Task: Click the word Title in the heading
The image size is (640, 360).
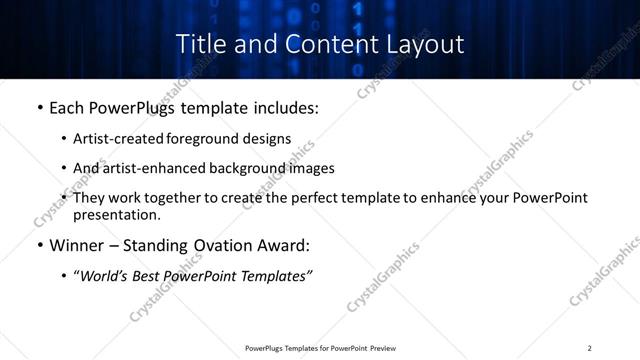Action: tap(200, 44)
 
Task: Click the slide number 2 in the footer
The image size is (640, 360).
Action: tap(590, 348)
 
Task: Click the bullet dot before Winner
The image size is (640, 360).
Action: tap(39, 245)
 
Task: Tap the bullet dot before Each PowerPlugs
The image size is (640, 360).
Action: tap(39, 105)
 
